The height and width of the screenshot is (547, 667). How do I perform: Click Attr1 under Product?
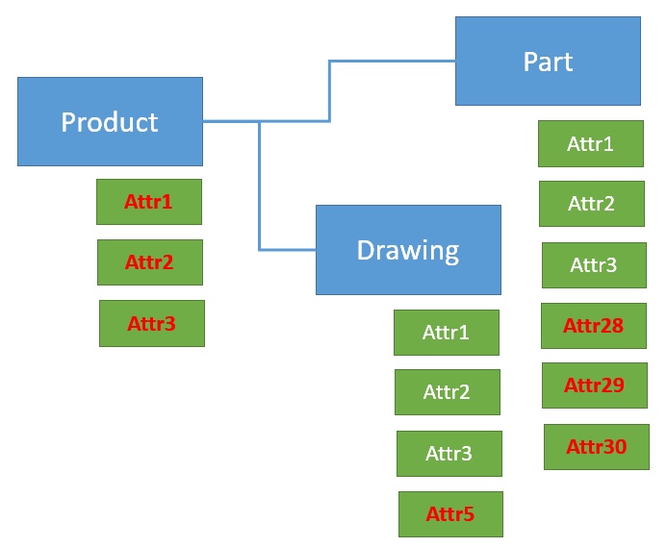pos(149,202)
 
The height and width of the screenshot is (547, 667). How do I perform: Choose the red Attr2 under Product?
pos(150,262)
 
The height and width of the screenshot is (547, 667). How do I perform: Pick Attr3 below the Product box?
pos(152,323)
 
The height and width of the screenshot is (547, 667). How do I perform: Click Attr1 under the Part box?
pos(591,144)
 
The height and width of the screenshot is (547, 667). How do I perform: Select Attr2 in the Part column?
pos(592,204)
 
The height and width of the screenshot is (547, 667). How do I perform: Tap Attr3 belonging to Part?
pos(594,264)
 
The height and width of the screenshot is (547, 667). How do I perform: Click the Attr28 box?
pos(594,325)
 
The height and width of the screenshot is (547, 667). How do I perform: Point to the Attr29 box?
pos(595,385)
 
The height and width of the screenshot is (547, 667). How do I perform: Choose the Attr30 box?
pos(597,446)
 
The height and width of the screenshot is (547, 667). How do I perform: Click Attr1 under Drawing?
pos(447,333)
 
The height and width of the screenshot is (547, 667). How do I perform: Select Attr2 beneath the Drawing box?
pos(448,392)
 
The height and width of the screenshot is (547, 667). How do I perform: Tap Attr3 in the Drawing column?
pos(449,453)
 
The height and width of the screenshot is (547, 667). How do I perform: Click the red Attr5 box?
pos(450,513)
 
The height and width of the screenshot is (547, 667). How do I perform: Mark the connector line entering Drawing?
pos(287,250)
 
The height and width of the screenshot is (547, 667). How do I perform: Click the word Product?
pos(110,122)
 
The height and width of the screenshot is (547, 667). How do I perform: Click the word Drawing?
pos(408,250)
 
